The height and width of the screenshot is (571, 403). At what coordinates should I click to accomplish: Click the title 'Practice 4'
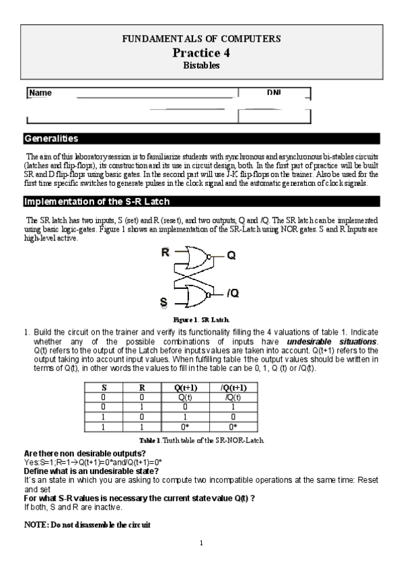201,53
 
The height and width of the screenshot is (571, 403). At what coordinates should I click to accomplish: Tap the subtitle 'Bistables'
201,65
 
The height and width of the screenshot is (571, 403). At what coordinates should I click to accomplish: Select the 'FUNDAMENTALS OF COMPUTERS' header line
201,39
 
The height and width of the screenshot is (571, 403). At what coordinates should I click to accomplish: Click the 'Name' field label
41,93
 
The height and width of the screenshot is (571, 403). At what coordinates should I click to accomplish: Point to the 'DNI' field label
273,92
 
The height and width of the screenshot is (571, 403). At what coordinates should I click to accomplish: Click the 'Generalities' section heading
51,139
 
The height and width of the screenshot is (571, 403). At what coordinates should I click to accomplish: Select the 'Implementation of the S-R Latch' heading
97,201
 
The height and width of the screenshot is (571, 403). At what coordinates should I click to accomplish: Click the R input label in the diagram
164,253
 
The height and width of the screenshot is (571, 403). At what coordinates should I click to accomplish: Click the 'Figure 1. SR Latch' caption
201,318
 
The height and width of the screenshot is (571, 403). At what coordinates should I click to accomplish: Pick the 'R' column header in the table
142,387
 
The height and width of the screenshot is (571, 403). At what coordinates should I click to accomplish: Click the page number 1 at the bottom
201,544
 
